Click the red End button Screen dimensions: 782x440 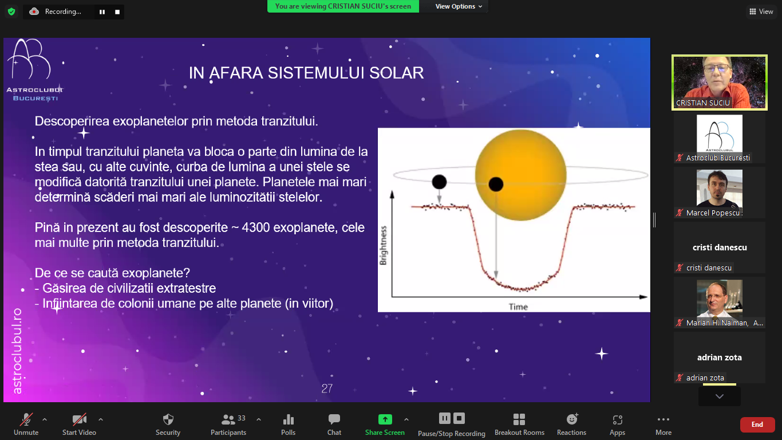point(757,425)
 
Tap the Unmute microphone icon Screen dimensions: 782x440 point(26,419)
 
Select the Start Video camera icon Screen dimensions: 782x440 point(79,419)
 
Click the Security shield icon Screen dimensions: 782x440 point(168,419)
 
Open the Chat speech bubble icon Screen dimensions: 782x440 point(334,419)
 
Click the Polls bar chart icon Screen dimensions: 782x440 point(289,419)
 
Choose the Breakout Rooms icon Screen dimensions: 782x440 point(519,419)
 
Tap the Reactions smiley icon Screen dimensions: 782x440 point(572,419)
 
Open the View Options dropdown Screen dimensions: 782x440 point(459,6)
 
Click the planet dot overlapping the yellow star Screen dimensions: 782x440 point(496,184)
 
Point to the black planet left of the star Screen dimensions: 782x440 point(439,182)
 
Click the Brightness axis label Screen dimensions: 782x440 point(384,245)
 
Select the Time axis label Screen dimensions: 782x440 point(518,307)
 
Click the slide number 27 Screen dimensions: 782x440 point(327,388)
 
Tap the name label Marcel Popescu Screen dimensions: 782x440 point(713,213)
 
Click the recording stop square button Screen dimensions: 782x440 point(117,12)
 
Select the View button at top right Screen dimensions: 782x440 point(761,11)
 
